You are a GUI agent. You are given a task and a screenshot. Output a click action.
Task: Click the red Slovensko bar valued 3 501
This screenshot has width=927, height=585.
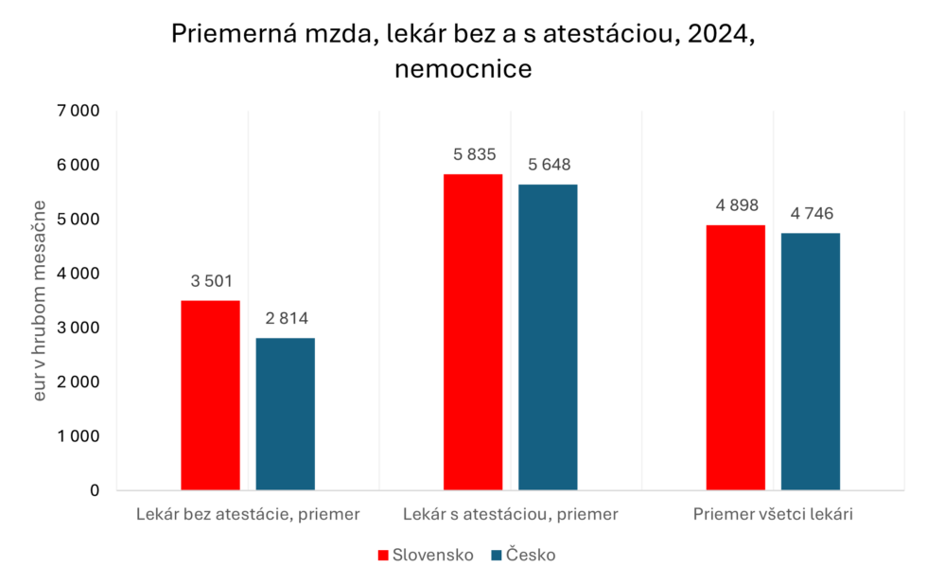click(x=210, y=396)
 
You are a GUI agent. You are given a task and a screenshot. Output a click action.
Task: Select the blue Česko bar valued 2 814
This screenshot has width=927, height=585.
click(x=285, y=414)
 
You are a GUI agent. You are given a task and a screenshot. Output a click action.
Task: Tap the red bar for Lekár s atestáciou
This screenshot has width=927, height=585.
click(x=473, y=331)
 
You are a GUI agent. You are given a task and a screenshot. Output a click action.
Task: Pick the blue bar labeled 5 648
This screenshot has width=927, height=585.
click(x=548, y=337)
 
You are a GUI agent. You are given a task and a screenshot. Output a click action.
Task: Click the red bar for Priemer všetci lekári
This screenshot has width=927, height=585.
click(x=735, y=358)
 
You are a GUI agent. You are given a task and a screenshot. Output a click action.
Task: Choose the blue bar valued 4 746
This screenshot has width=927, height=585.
click(x=811, y=362)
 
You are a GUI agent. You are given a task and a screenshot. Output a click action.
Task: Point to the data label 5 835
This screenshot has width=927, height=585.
click(x=473, y=155)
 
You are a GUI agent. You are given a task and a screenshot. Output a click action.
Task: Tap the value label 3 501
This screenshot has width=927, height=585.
click(x=210, y=281)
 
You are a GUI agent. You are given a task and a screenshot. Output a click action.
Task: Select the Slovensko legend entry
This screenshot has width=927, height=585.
click(x=425, y=556)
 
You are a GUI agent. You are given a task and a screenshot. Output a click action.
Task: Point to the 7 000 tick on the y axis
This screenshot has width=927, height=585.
click(x=78, y=111)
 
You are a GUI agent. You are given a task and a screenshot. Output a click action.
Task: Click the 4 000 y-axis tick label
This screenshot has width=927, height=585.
click(x=78, y=274)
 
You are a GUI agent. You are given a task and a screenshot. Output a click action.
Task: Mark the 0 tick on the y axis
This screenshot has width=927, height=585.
click(x=94, y=490)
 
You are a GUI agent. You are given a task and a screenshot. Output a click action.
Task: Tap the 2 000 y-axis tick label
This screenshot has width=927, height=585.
click(x=78, y=382)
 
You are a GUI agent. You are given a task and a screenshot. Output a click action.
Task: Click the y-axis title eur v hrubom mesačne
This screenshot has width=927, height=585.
click(x=40, y=300)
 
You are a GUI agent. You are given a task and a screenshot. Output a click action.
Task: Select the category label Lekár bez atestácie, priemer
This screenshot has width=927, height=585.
click(x=248, y=515)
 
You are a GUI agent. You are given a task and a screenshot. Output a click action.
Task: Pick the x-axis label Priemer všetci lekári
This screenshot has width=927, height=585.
click(x=774, y=515)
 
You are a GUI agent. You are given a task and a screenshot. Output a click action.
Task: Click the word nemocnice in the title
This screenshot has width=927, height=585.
click(x=463, y=69)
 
